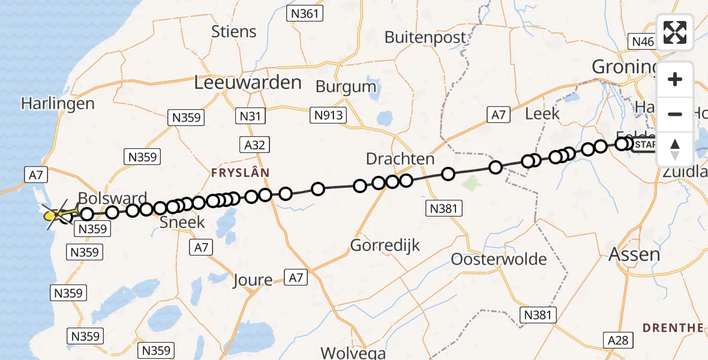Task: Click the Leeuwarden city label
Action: pos(247,83)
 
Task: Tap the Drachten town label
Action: pos(400,159)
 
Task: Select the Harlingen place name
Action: pos(58,103)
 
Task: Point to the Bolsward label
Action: pos(113,199)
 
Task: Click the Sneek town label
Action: pos(182,223)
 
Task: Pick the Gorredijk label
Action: pos(385,245)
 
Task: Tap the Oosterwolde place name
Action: pos(499,260)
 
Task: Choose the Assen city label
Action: pos(634,254)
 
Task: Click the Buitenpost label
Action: pos(425,37)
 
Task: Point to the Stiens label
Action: pos(233,31)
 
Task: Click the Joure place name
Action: pos(253,280)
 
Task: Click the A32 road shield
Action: pos(256,145)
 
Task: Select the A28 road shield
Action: pos(617,340)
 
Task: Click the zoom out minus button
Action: pos(675,115)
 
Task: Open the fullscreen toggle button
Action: pos(675,32)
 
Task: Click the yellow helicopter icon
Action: pos(55,214)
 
